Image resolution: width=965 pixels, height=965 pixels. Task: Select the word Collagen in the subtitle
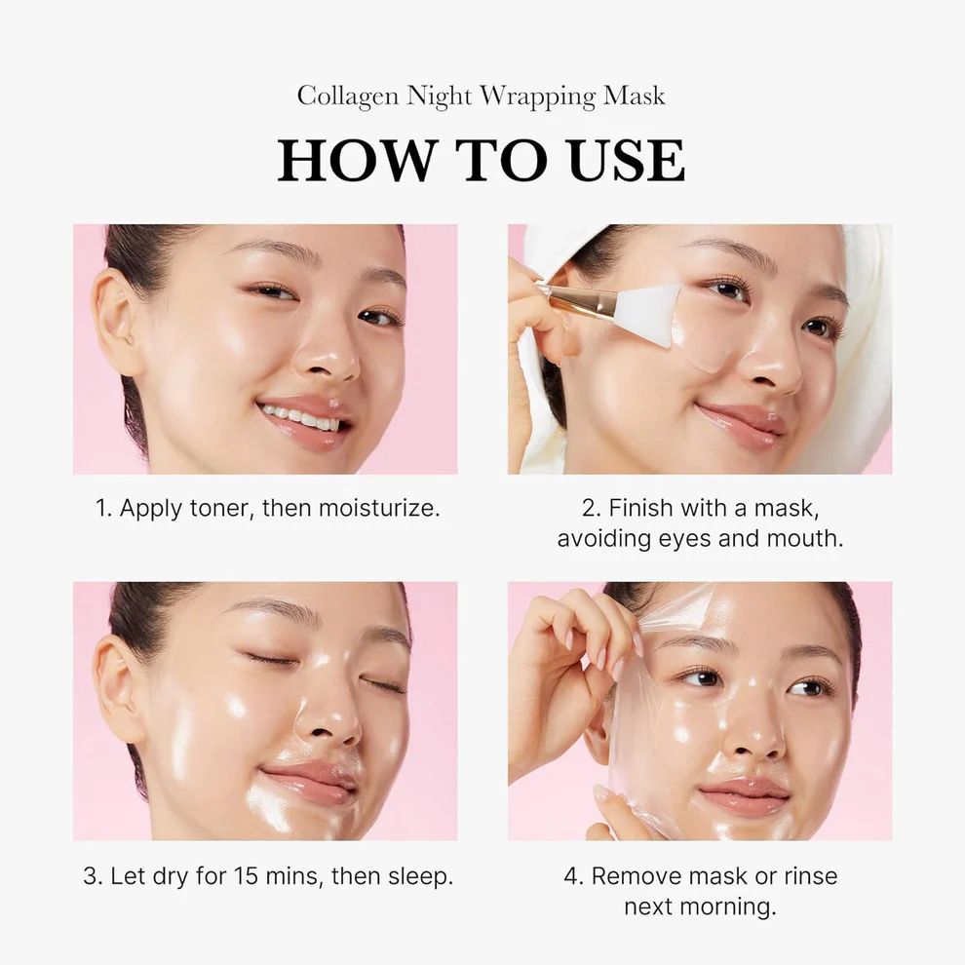click(x=348, y=96)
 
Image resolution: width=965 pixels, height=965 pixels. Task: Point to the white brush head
click(x=648, y=314)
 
